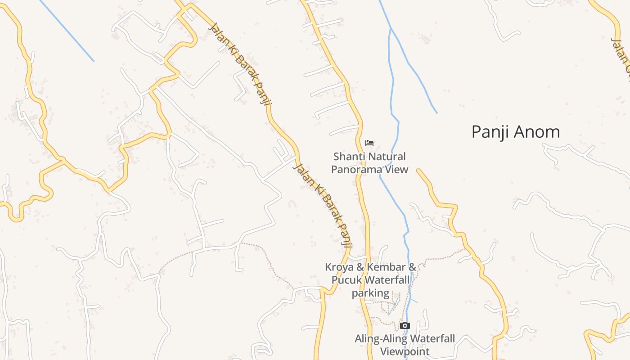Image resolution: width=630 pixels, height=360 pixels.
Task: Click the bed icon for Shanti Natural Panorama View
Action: (x=369, y=144)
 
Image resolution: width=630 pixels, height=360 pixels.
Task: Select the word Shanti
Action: (x=348, y=157)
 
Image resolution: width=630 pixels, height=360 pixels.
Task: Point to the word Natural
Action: (x=385, y=157)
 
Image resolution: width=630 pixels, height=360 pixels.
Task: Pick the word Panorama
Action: (x=359, y=169)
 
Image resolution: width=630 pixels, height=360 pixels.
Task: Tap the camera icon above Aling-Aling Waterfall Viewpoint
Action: (x=405, y=326)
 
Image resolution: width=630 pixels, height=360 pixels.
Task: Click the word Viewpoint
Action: (x=405, y=351)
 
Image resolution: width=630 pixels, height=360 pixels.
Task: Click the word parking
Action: (x=370, y=293)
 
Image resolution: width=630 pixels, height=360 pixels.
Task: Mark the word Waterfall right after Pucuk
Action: (x=387, y=280)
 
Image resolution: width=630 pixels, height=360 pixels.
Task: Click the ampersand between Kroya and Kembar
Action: (x=360, y=267)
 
